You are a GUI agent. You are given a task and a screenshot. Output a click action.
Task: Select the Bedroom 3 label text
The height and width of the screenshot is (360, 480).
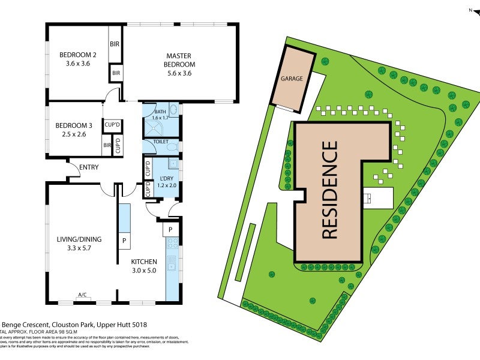[74, 125]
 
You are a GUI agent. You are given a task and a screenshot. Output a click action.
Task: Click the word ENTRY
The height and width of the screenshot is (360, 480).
[88, 167]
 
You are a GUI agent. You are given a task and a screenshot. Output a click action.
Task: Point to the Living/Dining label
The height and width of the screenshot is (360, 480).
[79, 239]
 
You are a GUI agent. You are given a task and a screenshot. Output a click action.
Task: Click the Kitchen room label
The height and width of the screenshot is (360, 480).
[144, 262]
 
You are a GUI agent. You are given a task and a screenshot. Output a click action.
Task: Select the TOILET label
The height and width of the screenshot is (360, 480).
[160, 142]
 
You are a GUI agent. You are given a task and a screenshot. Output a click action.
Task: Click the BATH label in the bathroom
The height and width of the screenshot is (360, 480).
[160, 112]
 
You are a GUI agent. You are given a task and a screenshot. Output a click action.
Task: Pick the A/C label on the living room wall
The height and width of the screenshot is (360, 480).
[82, 295]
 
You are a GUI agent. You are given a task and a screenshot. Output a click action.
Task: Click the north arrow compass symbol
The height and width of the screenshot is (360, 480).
[472, 10]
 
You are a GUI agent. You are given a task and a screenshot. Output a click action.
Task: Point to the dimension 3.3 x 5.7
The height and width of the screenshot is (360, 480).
[79, 249]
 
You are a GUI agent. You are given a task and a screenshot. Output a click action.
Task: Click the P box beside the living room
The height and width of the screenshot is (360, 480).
[124, 240]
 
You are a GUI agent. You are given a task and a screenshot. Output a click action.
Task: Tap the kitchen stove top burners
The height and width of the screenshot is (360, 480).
[172, 244]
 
